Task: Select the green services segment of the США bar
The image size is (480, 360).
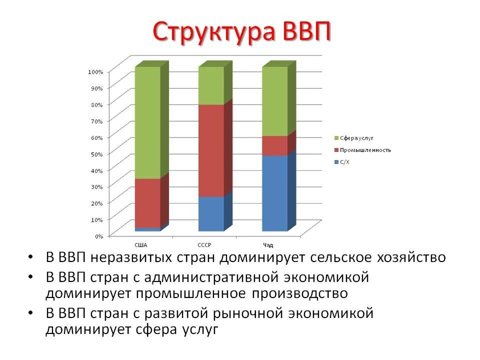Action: pyautogui.click(x=147, y=122)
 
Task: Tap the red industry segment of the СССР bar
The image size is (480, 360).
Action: pyautogui.click(x=211, y=150)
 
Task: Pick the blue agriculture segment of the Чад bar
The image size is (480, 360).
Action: pyautogui.click(x=275, y=193)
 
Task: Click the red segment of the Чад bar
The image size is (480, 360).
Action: pyautogui.click(x=275, y=145)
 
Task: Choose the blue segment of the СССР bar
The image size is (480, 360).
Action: pyautogui.click(x=211, y=213)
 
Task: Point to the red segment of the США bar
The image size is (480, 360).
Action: pyautogui.click(x=147, y=202)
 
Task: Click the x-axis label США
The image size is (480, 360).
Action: pyautogui.click(x=141, y=245)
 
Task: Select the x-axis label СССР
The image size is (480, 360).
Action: pyautogui.click(x=204, y=245)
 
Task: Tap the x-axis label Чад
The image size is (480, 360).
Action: pyautogui.click(x=268, y=245)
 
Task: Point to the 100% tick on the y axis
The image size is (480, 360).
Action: pyautogui.click(x=95, y=72)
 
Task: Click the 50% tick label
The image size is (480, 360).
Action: pyautogui.click(x=96, y=154)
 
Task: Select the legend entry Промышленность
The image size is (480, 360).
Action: pyautogui.click(x=365, y=150)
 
